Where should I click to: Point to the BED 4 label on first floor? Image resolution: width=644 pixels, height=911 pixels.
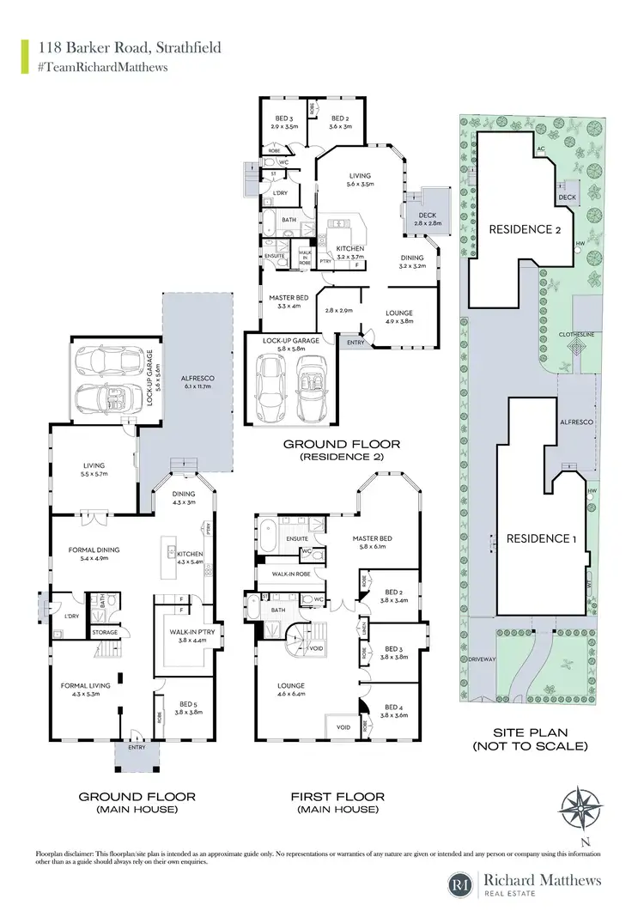point(394,709)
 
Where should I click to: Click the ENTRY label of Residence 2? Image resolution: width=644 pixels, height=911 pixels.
point(354,343)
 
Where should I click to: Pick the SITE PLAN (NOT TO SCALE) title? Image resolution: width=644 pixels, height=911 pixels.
point(531,739)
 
